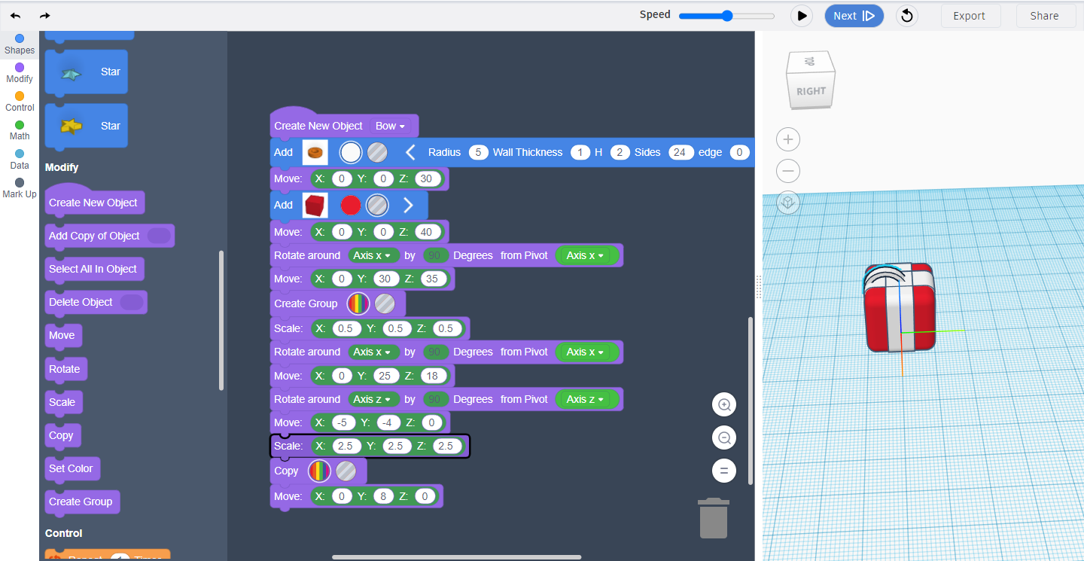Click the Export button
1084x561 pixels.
click(x=969, y=16)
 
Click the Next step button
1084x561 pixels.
click(x=854, y=16)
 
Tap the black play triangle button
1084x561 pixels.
click(x=802, y=16)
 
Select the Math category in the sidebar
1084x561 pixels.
click(x=20, y=130)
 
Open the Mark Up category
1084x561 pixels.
click(x=20, y=188)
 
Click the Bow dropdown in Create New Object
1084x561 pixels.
click(x=390, y=126)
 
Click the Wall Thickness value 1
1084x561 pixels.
click(x=580, y=152)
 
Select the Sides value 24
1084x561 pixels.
click(x=680, y=152)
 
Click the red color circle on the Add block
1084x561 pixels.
click(x=350, y=206)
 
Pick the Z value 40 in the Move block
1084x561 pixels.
click(x=426, y=232)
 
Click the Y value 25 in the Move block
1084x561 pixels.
click(x=385, y=376)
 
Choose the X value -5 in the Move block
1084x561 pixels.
click(x=342, y=422)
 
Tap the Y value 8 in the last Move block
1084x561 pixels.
click(x=383, y=496)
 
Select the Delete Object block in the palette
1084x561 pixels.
click(x=96, y=302)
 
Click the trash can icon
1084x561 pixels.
click(x=714, y=518)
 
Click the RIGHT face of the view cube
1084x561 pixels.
click(x=811, y=90)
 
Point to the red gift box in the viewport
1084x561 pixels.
click(x=900, y=308)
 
